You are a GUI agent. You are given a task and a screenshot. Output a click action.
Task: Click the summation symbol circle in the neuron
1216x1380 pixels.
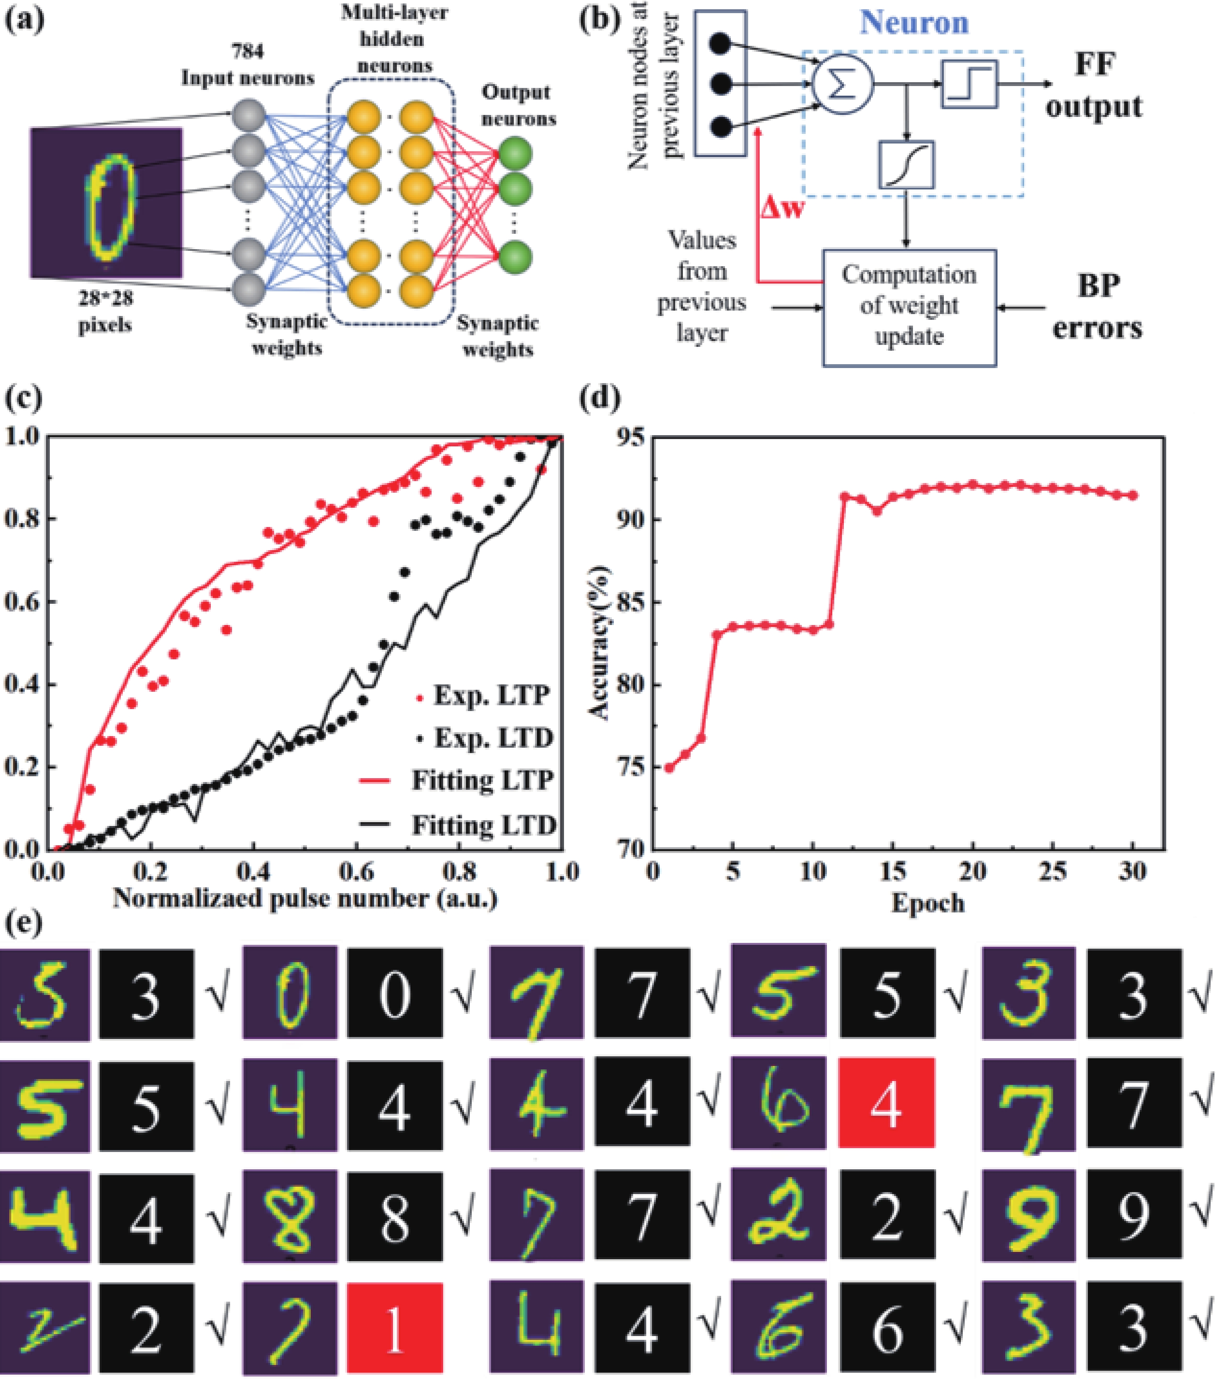(x=842, y=84)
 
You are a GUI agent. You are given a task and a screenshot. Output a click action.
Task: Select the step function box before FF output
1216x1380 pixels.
(x=969, y=84)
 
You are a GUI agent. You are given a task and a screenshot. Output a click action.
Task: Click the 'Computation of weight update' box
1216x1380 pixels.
(x=909, y=307)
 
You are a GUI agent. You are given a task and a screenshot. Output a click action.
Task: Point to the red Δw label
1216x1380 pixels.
(x=782, y=207)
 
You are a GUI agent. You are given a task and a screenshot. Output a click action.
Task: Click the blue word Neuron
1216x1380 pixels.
(x=914, y=23)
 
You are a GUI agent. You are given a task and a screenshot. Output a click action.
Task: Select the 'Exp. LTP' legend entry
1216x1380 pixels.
(x=483, y=695)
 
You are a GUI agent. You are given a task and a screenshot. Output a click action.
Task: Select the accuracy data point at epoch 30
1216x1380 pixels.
(x=1133, y=495)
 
